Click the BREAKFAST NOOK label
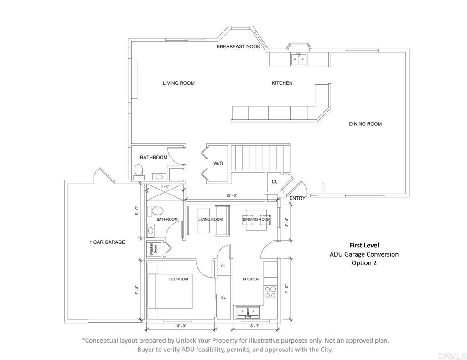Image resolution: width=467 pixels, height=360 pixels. (238, 46)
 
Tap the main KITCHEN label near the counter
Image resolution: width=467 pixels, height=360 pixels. (282, 83)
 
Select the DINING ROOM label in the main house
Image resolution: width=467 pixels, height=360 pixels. (365, 124)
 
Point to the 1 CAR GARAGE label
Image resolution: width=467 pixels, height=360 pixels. (107, 242)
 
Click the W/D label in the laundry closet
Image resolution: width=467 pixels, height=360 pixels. (218, 163)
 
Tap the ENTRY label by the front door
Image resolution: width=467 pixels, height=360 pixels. (297, 198)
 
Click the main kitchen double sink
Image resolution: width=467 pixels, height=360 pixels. (299, 59)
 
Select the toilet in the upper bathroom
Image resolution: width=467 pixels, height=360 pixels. (139, 171)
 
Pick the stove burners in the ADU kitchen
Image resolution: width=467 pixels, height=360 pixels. (270, 292)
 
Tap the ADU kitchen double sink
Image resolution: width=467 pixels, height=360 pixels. (248, 312)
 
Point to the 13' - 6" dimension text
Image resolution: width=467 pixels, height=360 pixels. (232, 195)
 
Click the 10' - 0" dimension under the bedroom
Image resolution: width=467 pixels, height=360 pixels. (181, 326)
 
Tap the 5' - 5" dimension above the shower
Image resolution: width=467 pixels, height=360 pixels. (165, 186)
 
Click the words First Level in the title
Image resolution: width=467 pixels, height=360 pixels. (364, 245)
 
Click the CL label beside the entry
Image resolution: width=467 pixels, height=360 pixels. (274, 181)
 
